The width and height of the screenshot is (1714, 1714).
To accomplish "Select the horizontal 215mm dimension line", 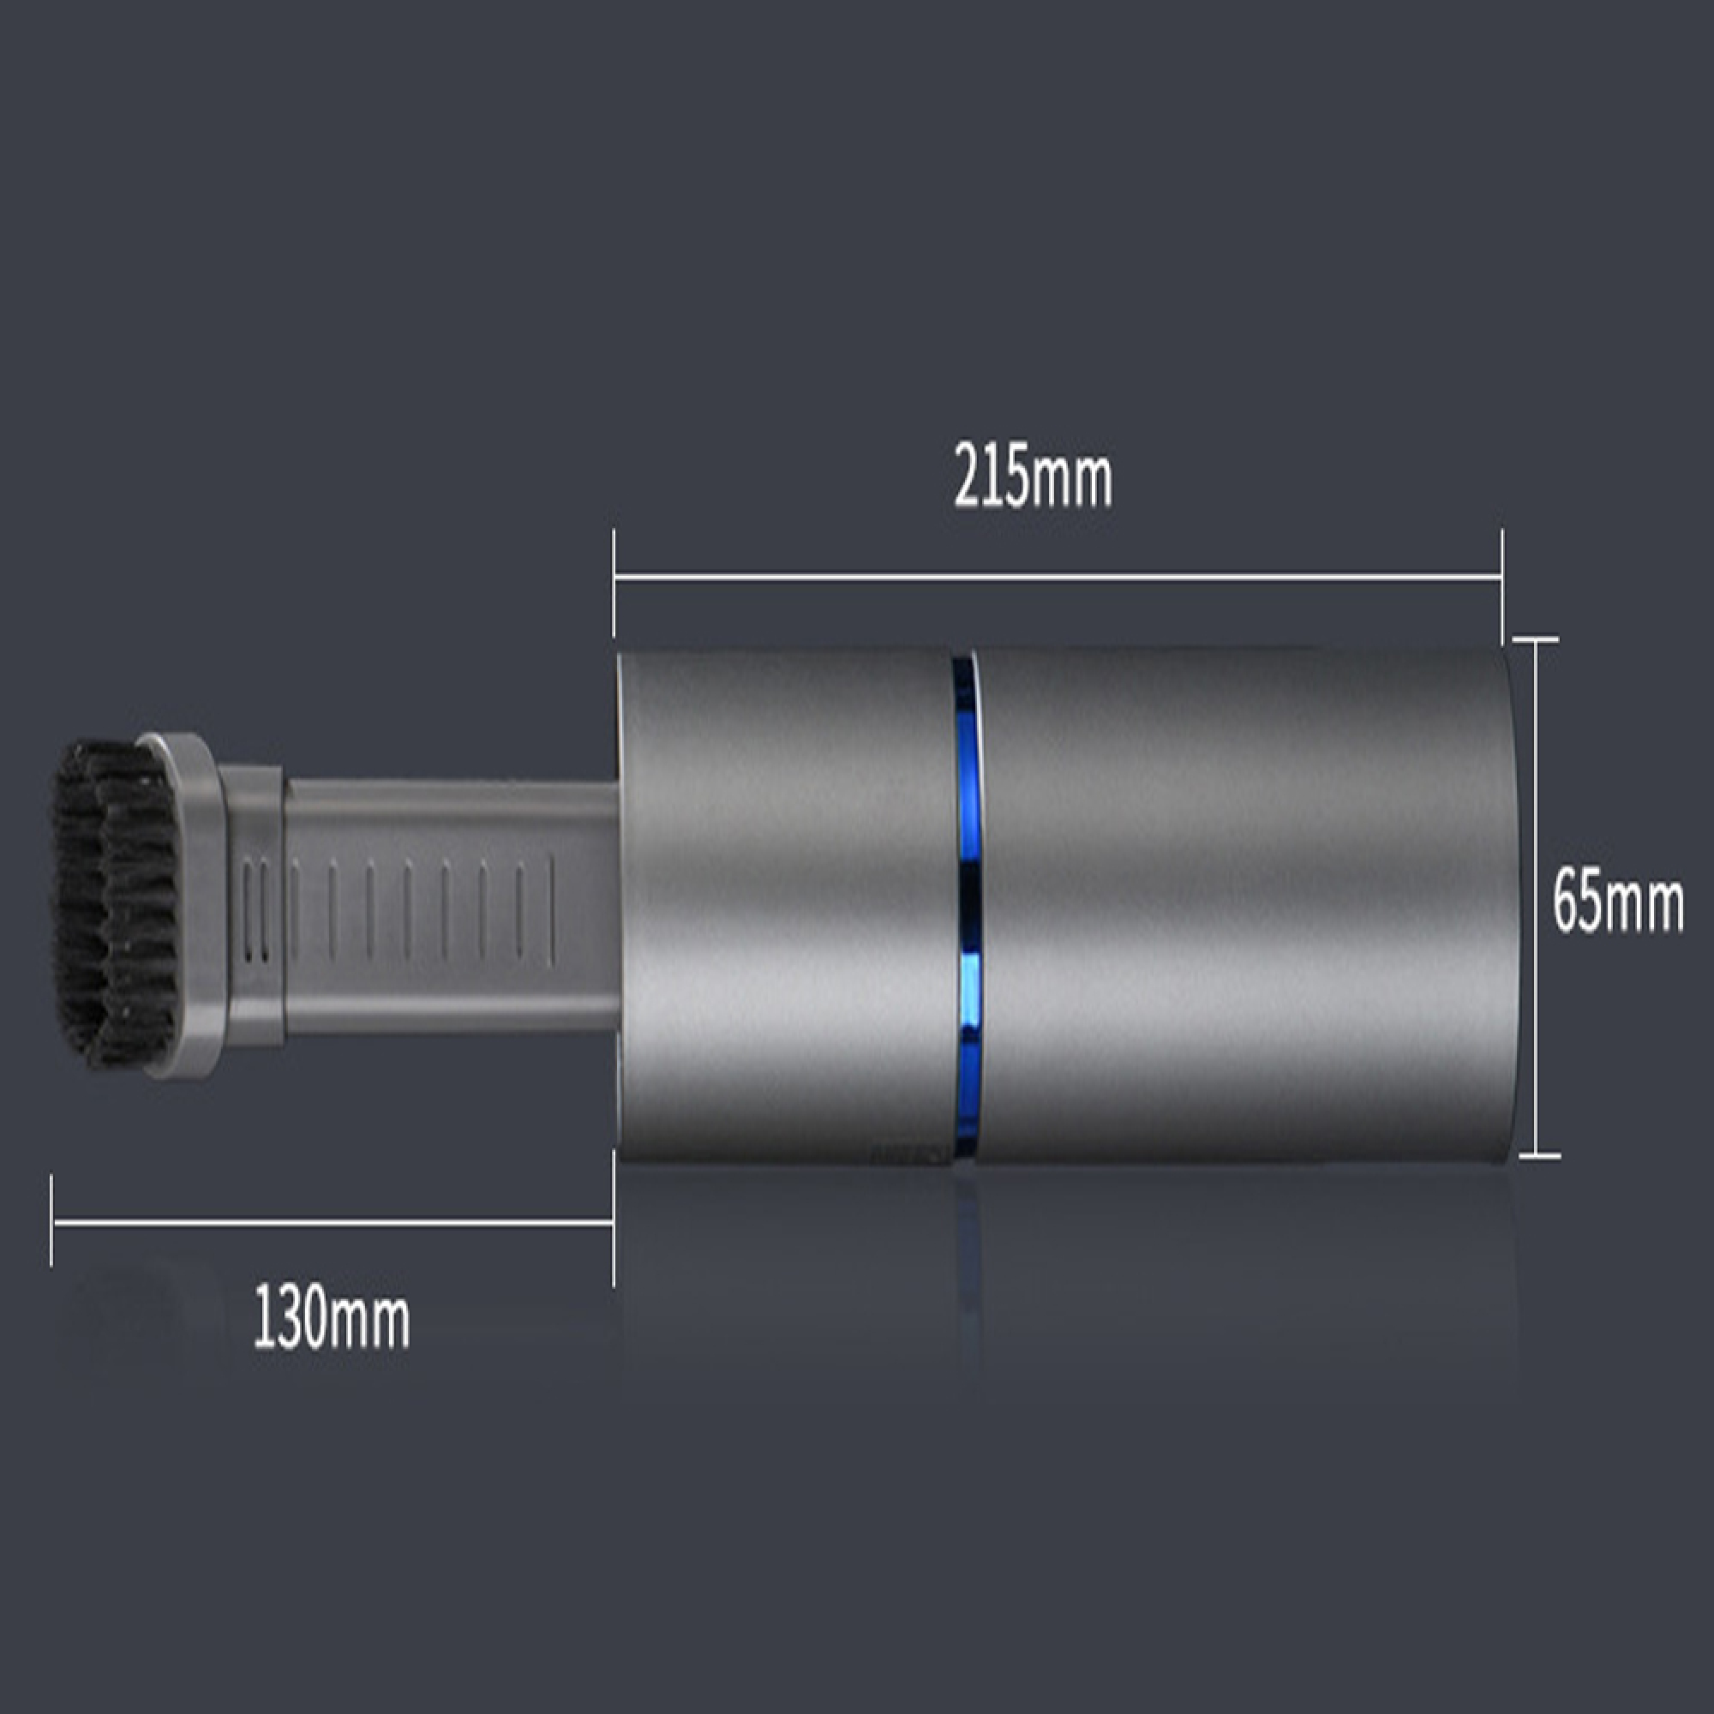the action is pos(1058,579).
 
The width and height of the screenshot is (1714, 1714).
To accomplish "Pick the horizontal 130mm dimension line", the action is pos(333,1221).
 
